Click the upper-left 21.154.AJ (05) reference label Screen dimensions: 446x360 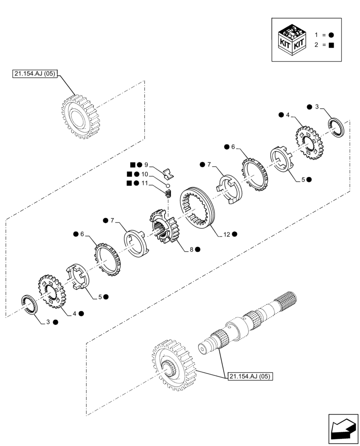click(x=34, y=74)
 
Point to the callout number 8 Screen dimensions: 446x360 click(x=191, y=250)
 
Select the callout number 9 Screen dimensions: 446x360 click(x=146, y=165)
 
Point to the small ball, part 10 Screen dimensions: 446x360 click(x=168, y=185)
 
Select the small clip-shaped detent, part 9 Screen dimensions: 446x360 click(x=168, y=172)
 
